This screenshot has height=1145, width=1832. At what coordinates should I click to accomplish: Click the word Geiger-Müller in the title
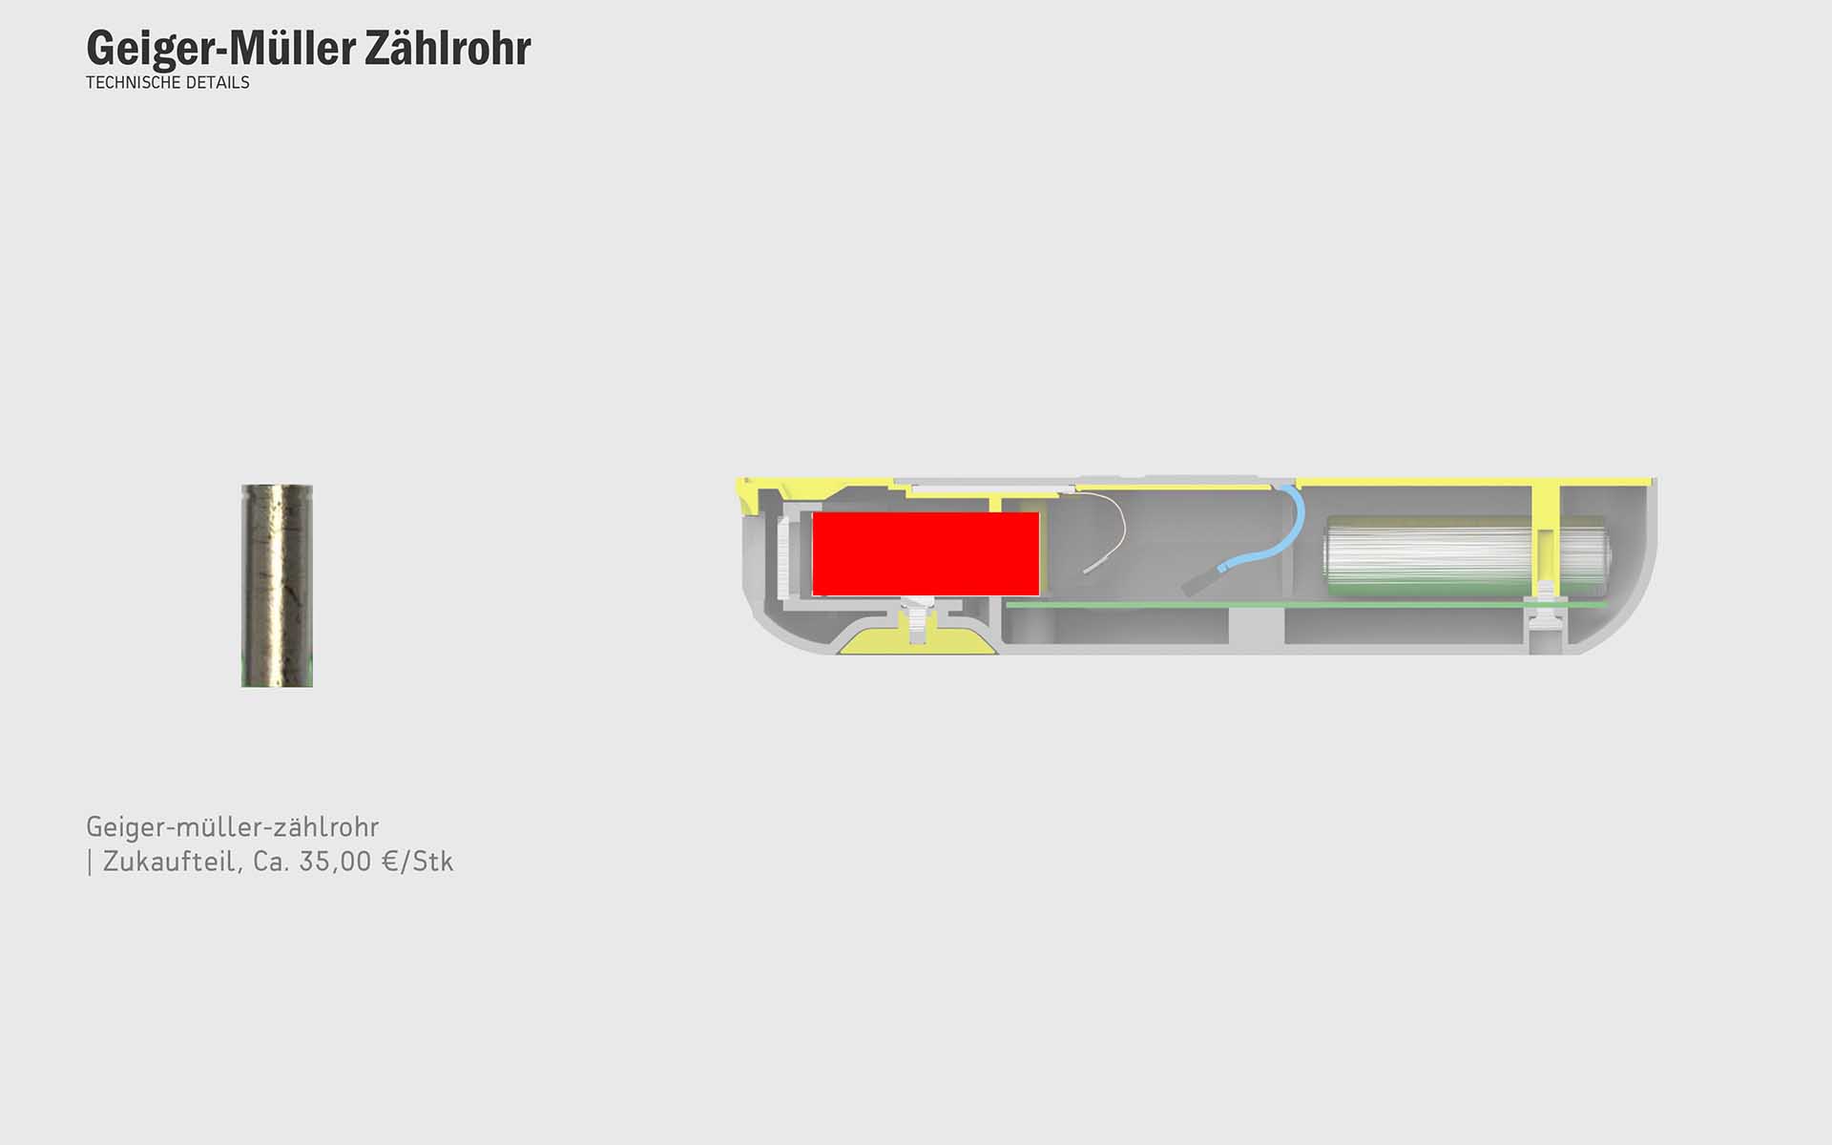[221, 48]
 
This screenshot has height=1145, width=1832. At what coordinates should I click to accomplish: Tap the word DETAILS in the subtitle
[219, 82]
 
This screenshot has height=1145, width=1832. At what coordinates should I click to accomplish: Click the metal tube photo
[277, 586]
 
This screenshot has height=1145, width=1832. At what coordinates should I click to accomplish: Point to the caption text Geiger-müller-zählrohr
[232, 826]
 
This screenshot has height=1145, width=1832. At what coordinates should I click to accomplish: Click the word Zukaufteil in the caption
[172, 862]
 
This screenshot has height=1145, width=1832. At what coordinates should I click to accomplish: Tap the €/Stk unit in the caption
[418, 862]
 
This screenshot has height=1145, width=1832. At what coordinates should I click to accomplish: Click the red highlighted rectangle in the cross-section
[926, 553]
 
